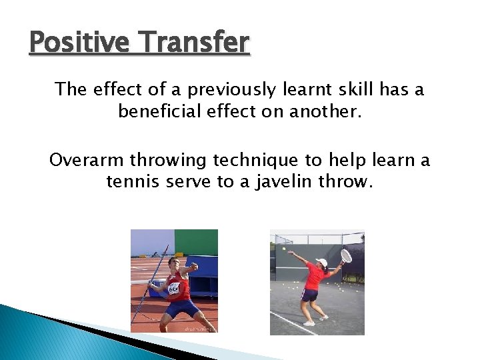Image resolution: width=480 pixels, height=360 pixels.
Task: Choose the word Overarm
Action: pos(86,161)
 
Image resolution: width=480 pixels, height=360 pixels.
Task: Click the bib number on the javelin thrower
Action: pos(174,289)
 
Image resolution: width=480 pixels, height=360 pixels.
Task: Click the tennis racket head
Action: pos(346,255)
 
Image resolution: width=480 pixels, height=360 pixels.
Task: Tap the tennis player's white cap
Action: pos(323,263)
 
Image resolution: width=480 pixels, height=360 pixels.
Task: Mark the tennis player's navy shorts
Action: pos(309,295)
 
